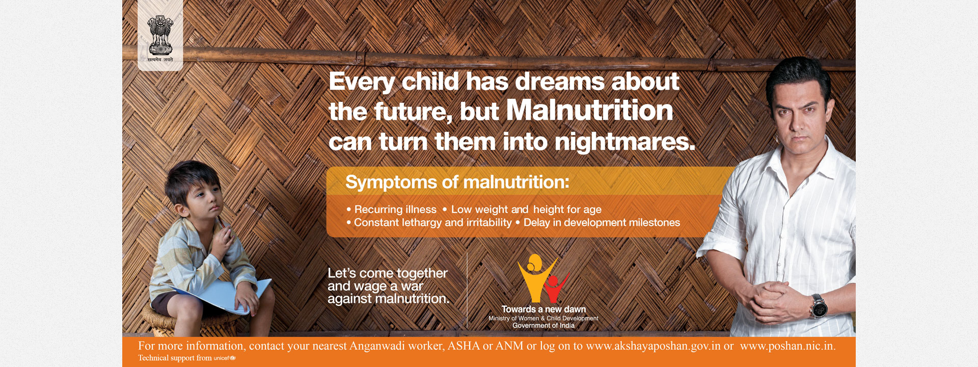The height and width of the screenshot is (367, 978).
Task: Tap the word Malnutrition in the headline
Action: click(x=589, y=110)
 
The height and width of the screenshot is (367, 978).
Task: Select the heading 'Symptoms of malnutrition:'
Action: click(x=457, y=182)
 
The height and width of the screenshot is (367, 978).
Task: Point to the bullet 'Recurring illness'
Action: click(x=391, y=209)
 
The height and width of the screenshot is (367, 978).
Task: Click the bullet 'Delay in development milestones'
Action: click(x=598, y=223)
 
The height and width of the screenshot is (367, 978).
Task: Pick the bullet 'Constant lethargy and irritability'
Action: click(x=429, y=223)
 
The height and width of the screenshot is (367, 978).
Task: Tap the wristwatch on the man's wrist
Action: click(x=819, y=306)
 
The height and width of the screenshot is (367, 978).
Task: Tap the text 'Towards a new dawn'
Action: click(x=544, y=309)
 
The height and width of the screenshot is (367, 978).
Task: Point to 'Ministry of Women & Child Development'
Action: click(x=544, y=318)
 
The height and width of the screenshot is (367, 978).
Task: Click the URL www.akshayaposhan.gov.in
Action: click(x=653, y=346)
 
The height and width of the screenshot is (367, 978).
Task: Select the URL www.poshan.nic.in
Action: click(x=788, y=346)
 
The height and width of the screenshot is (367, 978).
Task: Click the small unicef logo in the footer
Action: click(x=225, y=358)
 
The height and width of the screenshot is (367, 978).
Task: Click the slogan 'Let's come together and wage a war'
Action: click(x=388, y=280)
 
